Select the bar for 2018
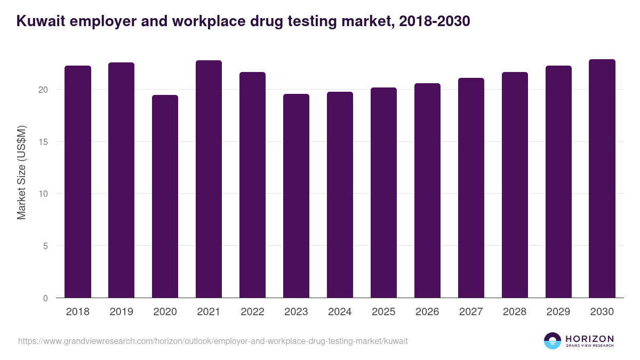coord(78,182)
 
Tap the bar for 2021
coord(209,179)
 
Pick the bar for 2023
coord(296,196)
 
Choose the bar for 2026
coord(427,190)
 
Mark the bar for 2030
coord(602,179)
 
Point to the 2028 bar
coord(515,185)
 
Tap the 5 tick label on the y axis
coord(45,246)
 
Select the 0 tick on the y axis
coord(45,298)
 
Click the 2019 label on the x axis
coord(122,312)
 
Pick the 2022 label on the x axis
coord(253,312)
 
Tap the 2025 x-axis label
coord(384,312)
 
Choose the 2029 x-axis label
coord(558,312)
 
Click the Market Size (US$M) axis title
coord(21,172)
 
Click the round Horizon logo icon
coord(553,341)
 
